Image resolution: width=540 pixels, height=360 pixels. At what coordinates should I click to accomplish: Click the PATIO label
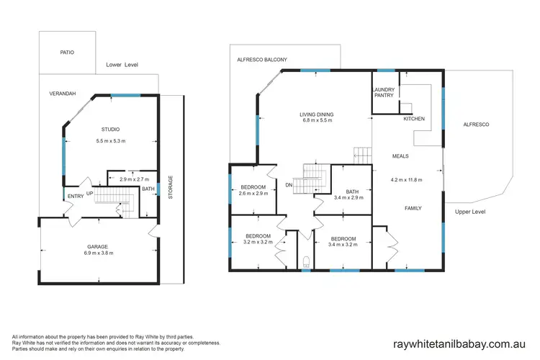67,53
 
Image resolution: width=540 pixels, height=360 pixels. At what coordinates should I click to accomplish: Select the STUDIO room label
110,130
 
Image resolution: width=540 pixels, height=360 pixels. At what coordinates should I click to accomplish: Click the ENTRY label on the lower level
76,194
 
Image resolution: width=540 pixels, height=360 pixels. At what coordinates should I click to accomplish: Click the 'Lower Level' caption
122,65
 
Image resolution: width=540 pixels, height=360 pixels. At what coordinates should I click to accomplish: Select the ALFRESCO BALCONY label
262,60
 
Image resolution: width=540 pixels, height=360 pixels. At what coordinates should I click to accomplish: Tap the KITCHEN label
414,118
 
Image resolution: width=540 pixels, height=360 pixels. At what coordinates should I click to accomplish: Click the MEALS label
401,156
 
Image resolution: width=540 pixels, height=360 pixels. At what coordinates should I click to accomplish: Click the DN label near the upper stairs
289,184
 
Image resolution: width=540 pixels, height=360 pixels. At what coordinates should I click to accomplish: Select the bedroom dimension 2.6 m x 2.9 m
253,194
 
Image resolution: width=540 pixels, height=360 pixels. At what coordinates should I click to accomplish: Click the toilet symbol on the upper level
307,261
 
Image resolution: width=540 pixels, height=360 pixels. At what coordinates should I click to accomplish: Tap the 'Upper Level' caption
472,212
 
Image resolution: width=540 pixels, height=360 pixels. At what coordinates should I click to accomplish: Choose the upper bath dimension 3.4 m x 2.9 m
348,197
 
